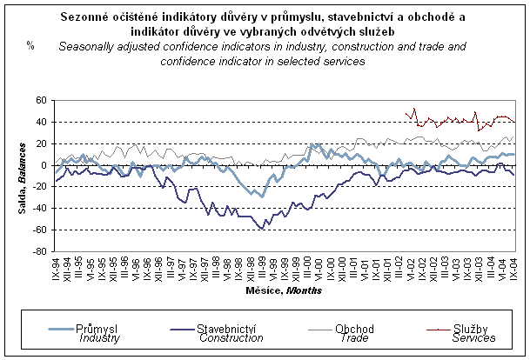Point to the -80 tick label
pos(42,251)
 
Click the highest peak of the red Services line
pos(414,109)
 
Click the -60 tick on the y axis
pos(42,230)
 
